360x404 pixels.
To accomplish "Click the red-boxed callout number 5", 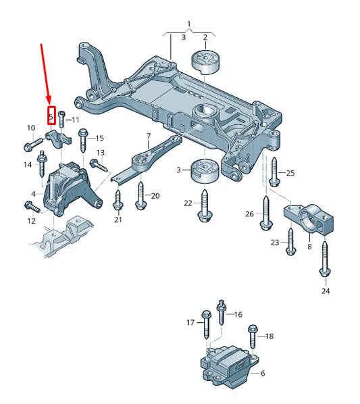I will pos(51,116).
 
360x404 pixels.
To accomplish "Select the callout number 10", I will pos(30,128).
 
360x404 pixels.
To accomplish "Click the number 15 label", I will pos(99,138).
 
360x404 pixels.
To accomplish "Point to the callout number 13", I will pos(100,153).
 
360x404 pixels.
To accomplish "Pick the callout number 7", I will pos(148,136).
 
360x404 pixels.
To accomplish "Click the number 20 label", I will pos(155,196).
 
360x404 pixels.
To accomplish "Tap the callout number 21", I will pos(118,220).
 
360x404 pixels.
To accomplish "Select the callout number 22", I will pos(188,203).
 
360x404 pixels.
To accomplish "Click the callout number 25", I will pos(290,174).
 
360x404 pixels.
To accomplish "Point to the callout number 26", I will pos(249,214).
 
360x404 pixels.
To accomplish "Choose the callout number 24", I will pos(326,292).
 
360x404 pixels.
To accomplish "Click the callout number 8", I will pos(309,247).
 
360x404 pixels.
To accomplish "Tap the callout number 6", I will pos(262,373).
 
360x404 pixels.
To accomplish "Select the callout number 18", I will pos(269,336).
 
